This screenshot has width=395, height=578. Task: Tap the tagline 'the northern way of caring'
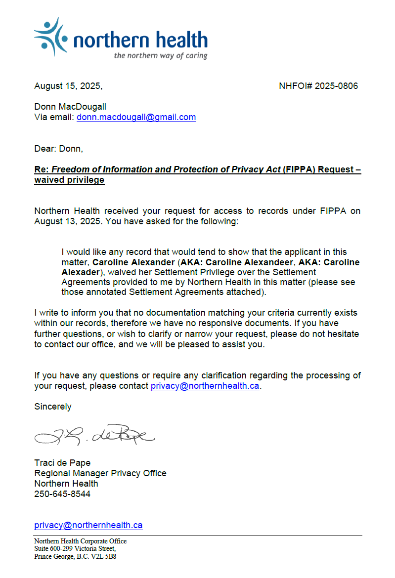coord(161,55)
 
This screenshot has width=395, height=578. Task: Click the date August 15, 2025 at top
coord(68,86)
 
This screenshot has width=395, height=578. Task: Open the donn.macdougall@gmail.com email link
coord(136,117)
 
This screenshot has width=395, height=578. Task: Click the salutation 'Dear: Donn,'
coord(59,149)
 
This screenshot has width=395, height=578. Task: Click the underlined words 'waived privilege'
coord(69,180)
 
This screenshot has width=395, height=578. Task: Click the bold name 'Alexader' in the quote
coord(80,272)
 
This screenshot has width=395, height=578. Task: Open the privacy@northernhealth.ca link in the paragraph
coord(205,386)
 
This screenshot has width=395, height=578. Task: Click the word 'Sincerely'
coord(53,407)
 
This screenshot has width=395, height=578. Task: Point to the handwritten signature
coord(94,435)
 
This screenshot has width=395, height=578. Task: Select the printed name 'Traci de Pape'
coord(62,463)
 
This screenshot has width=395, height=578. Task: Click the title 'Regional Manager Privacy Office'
coord(100,473)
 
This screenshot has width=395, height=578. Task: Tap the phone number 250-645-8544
coord(62,494)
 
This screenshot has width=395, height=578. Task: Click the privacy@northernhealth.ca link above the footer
coord(88,525)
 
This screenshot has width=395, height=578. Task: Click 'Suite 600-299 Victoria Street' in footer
coord(75,548)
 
